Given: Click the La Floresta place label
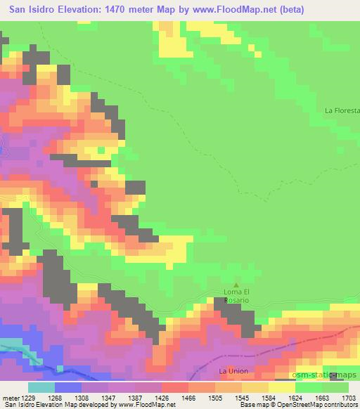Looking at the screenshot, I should pyautogui.click(x=342, y=110).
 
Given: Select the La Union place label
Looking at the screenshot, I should pyautogui.click(x=232, y=370).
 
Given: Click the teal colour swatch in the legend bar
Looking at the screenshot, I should pyautogui.click(x=41, y=388).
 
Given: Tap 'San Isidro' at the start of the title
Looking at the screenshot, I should pyautogui.click(x=27, y=9).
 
